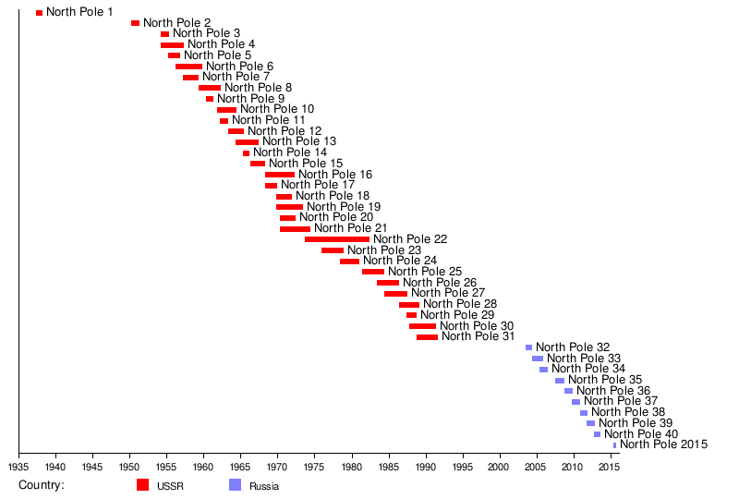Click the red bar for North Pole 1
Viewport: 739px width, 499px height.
coord(39,13)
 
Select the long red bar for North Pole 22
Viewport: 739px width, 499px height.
coord(336,239)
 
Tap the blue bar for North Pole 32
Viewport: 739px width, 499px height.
coord(528,347)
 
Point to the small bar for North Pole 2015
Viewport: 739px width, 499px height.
coord(614,445)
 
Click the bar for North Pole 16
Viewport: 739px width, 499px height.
coord(280,175)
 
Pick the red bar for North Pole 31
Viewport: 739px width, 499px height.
coord(427,337)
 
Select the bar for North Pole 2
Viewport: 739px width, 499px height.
coord(135,23)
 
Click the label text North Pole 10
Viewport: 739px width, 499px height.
coord(276,109)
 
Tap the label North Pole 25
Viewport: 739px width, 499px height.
coord(424,272)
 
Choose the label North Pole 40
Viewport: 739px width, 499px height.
coord(640,434)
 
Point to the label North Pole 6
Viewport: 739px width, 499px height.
coord(239,67)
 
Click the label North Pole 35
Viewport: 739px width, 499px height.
coord(604,380)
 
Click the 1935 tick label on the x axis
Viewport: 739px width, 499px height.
coord(19,469)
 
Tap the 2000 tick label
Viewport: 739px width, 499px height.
coord(500,469)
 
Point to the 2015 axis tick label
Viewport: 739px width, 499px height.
coord(607,469)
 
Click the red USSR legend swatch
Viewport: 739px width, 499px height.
coord(142,485)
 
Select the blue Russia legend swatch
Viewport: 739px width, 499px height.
coord(235,485)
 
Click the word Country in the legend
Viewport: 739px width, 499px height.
coord(41,486)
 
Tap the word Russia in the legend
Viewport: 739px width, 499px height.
coord(263,487)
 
